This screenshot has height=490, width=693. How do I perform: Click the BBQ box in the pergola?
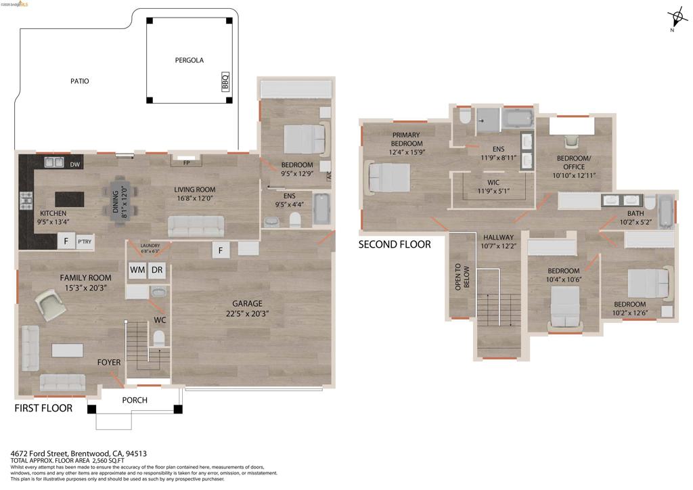click(225, 83)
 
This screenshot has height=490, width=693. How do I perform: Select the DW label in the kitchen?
click(74, 163)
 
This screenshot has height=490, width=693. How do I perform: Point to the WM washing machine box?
click(137, 270)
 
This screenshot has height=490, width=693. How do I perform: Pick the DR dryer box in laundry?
click(156, 270)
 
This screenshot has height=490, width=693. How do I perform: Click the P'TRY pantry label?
click(85, 242)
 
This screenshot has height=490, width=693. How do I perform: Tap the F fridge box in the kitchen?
click(66, 242)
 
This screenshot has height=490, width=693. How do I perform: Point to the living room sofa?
click(196, 226)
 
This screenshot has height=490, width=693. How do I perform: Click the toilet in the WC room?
click(159, 338)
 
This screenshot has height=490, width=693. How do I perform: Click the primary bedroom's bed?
click(388, 179)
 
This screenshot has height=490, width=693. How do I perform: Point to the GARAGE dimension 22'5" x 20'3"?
click(247, 313)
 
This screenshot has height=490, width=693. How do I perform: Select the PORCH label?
click(134, 400)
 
